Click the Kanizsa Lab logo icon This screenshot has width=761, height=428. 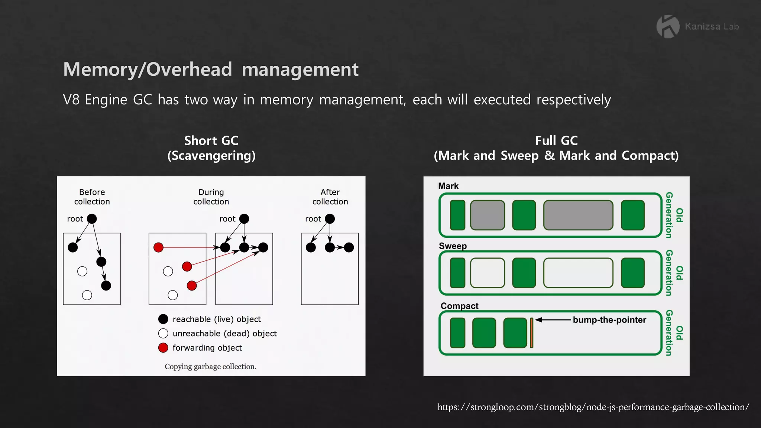tap(668, 26)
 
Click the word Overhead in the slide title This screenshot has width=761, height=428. tap(189, 69)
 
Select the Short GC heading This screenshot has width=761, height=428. tap(211, 141)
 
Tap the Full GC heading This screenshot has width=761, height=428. tap(556, 141)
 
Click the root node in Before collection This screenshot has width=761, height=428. tap(92, 219)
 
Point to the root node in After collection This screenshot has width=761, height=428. tap(330, 219)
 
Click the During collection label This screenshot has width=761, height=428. tap(211, 197)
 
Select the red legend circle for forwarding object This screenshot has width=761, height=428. tap(163, 348)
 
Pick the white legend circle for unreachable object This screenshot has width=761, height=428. tap(163, 333)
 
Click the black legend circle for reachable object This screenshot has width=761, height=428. tap(163, 319)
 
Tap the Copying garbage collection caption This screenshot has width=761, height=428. tap(210, 367)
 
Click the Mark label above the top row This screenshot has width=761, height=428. tap(448, 186)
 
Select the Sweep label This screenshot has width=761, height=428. tap(453, 246)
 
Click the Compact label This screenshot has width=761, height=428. tap(459, 306)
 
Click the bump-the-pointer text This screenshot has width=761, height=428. tap(609, 320)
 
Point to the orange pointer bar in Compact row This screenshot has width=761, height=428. tap(532, 333)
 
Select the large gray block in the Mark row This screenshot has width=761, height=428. tap(578, 215)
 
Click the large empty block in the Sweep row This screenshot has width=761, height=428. tap(578, 273)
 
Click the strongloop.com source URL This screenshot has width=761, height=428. tap(593, 407)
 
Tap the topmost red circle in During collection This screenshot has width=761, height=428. tap(159, 247)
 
